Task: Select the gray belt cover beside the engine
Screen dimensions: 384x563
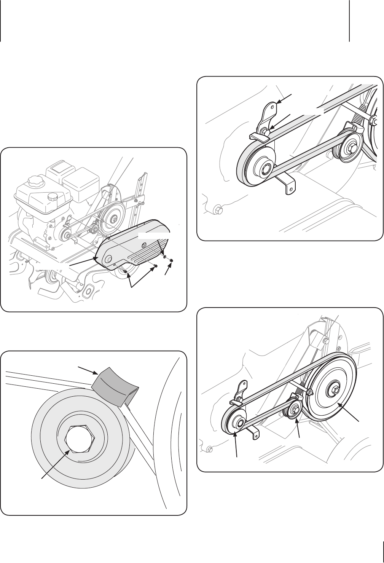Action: (x=133, y=244)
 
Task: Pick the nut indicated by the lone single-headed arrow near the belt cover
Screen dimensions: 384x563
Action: (x=171, y=260)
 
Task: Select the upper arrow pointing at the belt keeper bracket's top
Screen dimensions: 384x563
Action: (x=284, y=98)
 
